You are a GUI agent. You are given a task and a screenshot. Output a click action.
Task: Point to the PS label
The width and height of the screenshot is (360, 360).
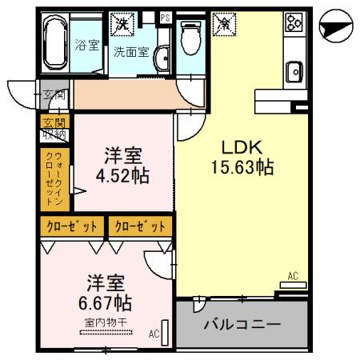166,17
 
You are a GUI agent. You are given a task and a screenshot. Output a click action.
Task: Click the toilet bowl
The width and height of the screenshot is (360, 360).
190,36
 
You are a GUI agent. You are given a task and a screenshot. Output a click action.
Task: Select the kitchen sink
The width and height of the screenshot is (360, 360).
293,72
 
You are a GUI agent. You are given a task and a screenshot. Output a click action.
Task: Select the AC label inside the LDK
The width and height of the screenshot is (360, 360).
292,276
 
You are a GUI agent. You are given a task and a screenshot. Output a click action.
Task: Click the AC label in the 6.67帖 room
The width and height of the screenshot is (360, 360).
154,334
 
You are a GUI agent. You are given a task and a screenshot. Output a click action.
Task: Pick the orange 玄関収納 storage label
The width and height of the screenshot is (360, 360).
53,128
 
